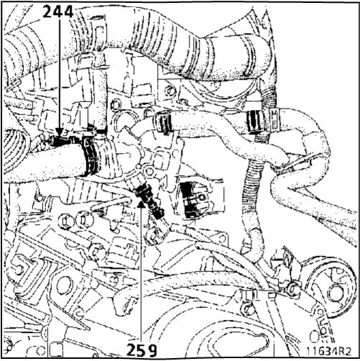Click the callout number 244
[x=58, y=12]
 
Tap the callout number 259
[x=142, y=350]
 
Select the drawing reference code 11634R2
[x=328, y=351]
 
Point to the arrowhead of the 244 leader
[x=60, y=132]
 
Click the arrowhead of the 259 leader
[x=142, y=204]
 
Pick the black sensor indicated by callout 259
[x=149, y=201]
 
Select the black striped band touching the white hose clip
[x=255, y=122]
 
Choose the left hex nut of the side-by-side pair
[x=66, y=220]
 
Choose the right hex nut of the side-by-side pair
[x=84, y=219]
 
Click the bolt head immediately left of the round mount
[x=292, y=290]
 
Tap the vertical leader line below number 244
[x=60, y=74]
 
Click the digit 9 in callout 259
[x=151, y=350]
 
